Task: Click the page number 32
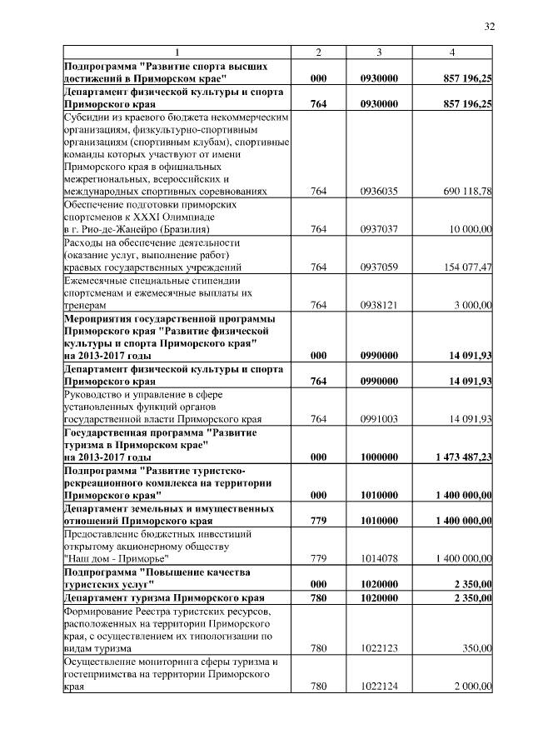490,27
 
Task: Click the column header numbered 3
379,52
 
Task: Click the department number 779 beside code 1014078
318,558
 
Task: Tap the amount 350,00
478,648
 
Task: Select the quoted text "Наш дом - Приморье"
116,558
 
